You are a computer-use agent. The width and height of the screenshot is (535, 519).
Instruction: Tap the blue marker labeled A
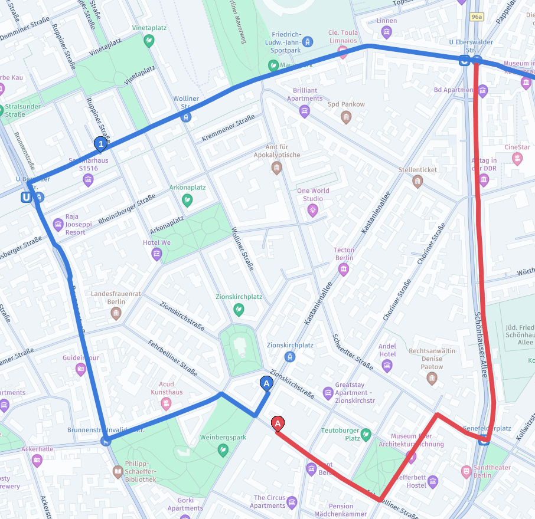click(x=266, y=384)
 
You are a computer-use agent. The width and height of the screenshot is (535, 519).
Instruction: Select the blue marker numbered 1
click(x=101, y=144)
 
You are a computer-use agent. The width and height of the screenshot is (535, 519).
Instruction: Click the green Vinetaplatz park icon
click(x=149, y=41)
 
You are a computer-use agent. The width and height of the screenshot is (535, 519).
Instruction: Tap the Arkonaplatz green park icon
click(x=187, y=200)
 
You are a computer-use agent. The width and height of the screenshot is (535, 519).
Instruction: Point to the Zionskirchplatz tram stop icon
click(x=289, y=357)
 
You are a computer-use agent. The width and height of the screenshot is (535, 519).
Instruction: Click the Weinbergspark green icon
click(x=223, y=450)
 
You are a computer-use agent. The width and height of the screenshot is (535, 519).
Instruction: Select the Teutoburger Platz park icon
click(x=366, y=434)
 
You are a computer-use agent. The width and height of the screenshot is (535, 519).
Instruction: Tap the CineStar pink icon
click(x=517, y=159)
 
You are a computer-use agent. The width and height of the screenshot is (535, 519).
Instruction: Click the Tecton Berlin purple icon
click(x=344, y=270)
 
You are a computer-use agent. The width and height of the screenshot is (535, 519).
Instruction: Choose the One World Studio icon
click(x=312, y=210)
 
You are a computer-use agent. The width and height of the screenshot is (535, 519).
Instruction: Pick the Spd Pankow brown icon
click(x=346, y=117)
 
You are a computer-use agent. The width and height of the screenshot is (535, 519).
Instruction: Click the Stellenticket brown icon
click(x=417, y=182)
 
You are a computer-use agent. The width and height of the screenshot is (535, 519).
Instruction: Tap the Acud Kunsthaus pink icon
click(x=167, y=404)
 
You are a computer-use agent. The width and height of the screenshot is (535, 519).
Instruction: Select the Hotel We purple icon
click(x=156, y=254)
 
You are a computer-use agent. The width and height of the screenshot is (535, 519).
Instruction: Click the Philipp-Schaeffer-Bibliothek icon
click(x=118, y=472)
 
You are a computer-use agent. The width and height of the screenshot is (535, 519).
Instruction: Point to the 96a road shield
click(x=477, y=18)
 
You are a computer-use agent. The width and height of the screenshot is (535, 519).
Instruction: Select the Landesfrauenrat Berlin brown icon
click(x=116, y=313)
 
